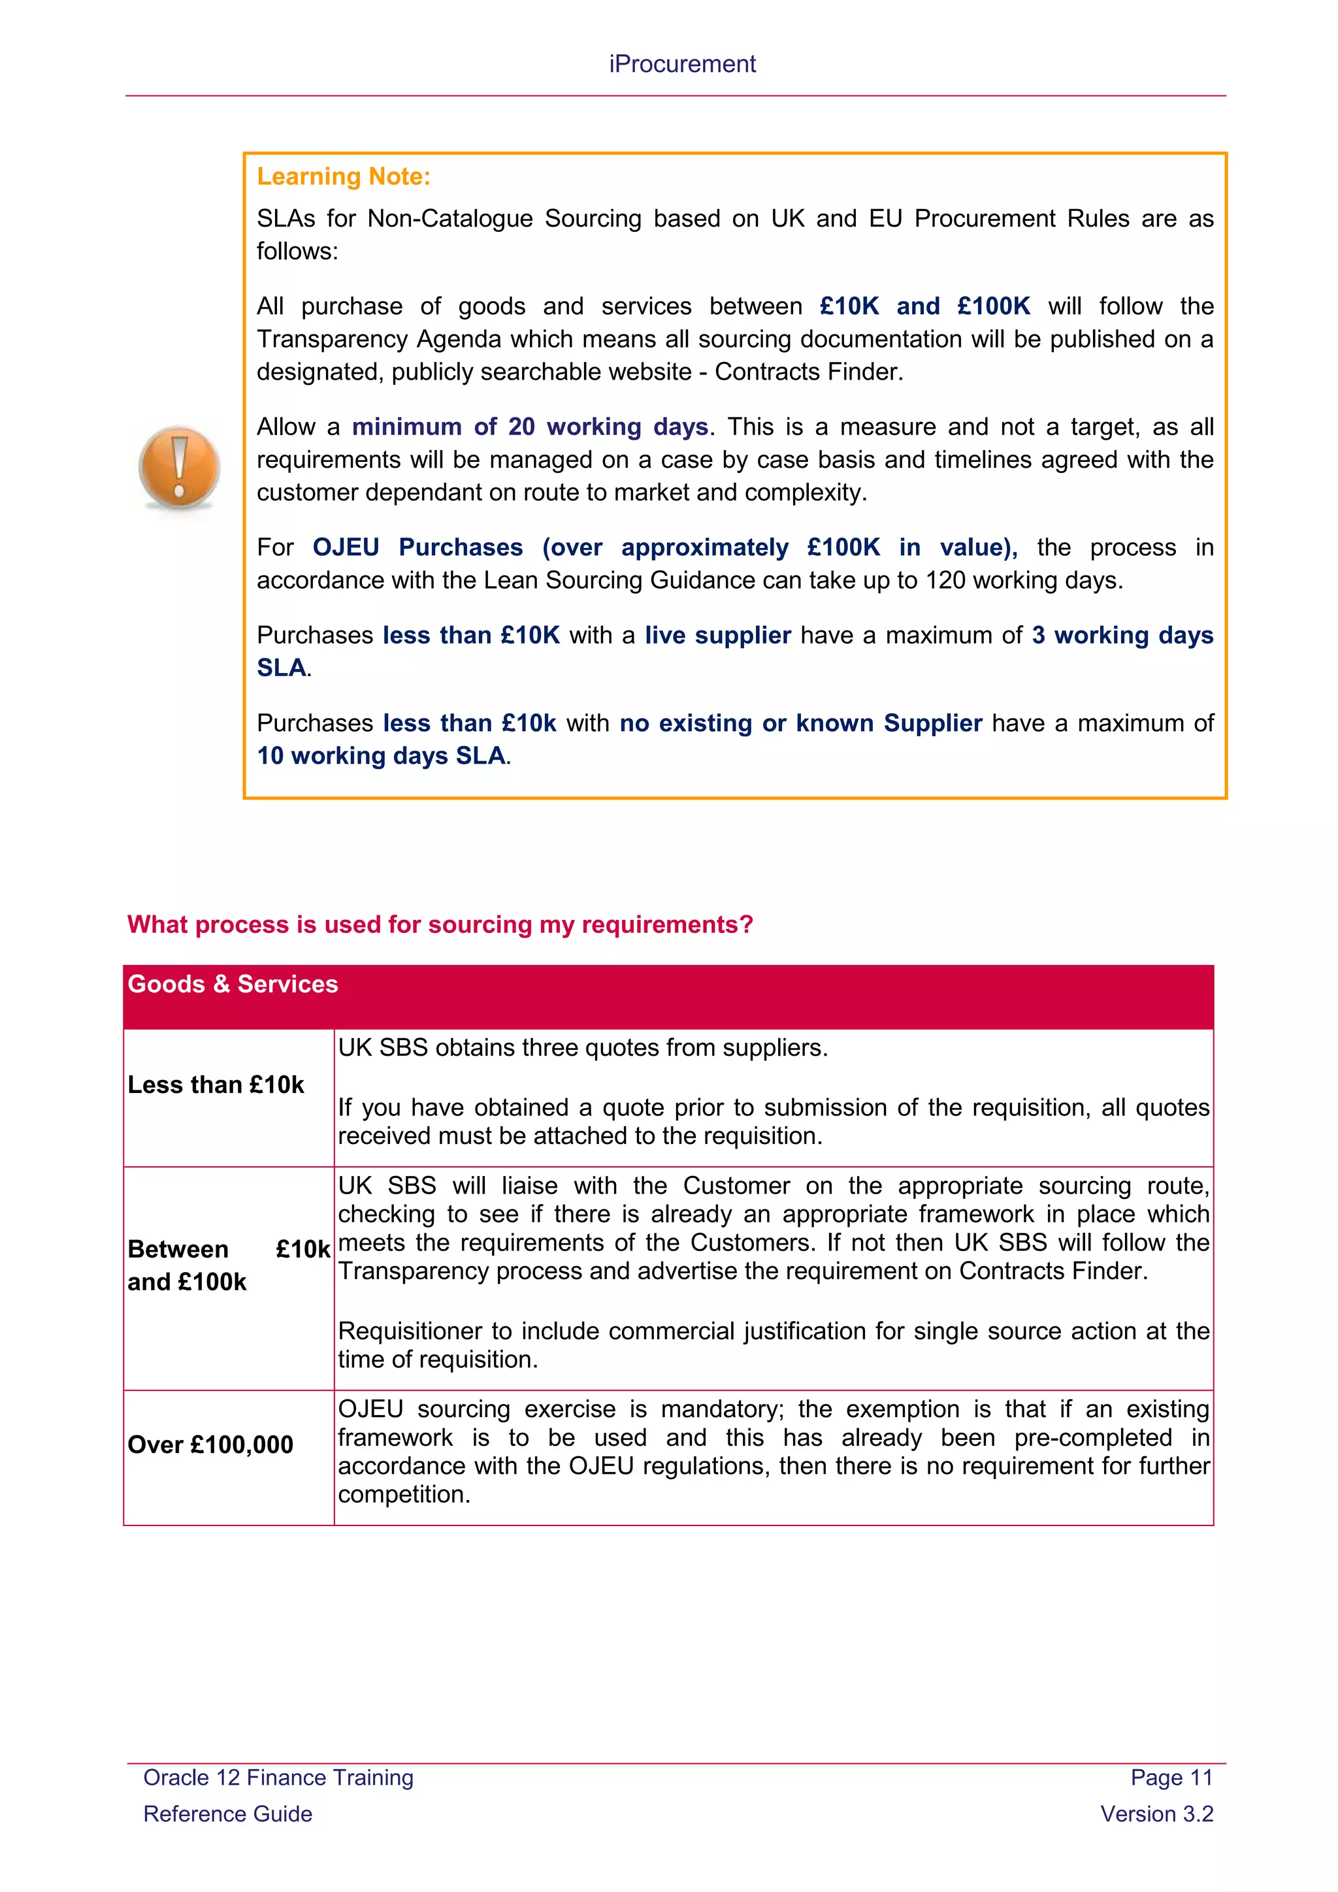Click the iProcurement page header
[681, 64]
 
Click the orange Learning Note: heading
[344, 176]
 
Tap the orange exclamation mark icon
[180, 466]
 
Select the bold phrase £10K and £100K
[924, 306]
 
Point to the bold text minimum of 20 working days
[530, 427]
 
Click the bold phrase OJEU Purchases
[417, 547]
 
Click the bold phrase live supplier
[717, 635]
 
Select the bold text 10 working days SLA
[382, 756]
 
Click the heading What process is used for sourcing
[440, 924]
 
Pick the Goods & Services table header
[233, 984]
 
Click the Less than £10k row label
[216, 1085]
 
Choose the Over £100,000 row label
[210, 1444]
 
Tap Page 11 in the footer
[1171, 1778]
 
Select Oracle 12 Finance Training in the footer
[278, 1778]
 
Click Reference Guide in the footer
[228, 1814]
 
